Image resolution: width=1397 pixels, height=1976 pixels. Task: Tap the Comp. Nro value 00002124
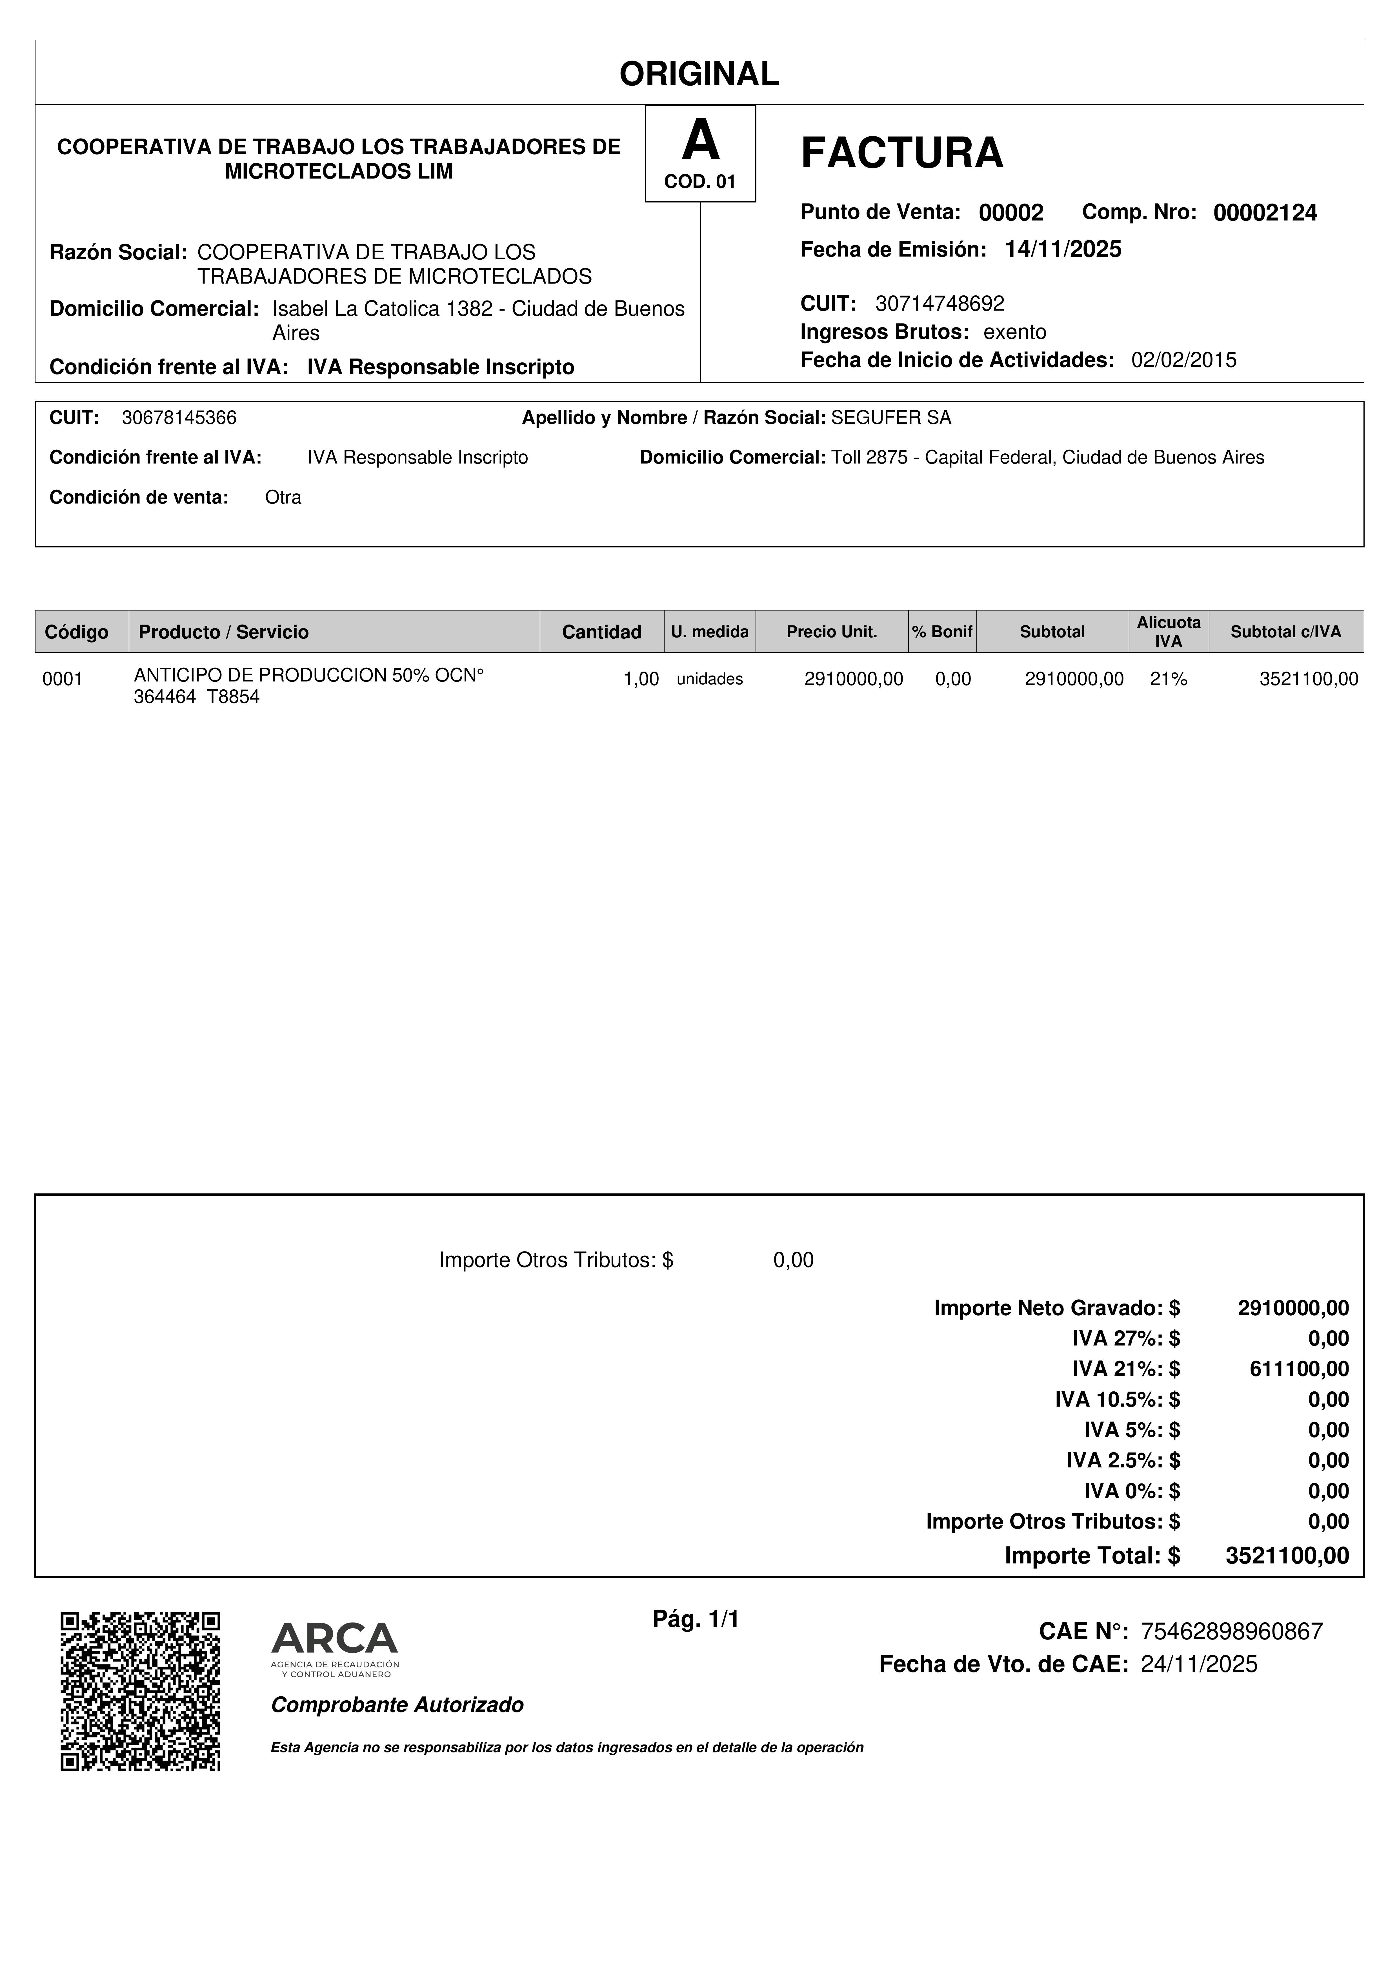(x=1264, y=213)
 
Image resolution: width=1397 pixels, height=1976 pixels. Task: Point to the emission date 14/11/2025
(x=1063, y=249)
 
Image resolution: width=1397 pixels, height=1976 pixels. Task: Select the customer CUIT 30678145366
(x=179, y=418)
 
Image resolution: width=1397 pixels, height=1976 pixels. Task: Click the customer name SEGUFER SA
(x=891, y=418)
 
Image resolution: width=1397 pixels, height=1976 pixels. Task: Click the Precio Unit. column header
(x=832, y=632)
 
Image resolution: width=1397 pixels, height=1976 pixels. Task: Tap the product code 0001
(x=63, y=679)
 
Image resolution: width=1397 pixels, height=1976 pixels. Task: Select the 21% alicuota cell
(x=1168, y=679)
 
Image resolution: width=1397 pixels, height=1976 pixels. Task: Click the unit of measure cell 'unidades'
(x=709, y=679)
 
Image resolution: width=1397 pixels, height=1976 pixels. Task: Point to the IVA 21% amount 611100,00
(x=1299, y=1368)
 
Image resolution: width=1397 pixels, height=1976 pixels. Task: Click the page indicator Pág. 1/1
(x=696, y=1620)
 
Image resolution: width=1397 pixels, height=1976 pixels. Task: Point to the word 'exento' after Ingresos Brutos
(x=1015, y=332)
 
